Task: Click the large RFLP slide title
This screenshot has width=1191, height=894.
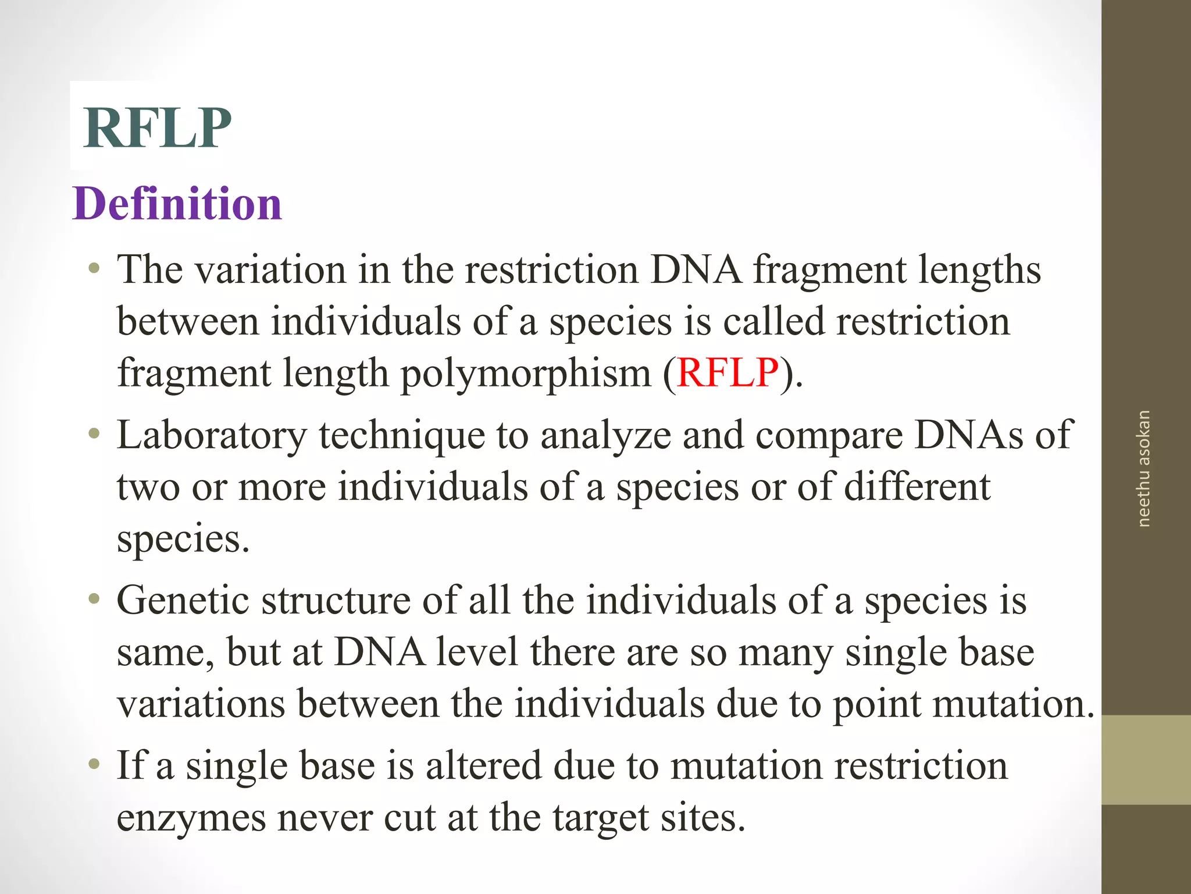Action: coord(157,128)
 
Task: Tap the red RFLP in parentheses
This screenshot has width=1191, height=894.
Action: coord(728,372)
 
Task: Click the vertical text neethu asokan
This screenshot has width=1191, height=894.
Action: coord(1143,469)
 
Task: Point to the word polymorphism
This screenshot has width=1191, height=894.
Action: coord(526,374)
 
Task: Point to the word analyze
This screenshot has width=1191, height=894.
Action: coord(605,435)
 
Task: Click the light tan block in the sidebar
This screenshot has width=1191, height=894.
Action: coord(1146,760)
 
